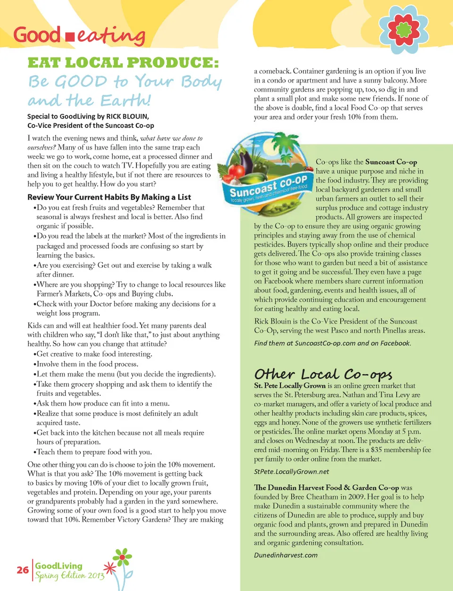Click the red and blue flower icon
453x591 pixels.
pos(403,29)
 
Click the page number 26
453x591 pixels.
pos(23,570)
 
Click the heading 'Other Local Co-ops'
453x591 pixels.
pos(323,374)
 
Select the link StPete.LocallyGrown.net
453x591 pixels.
pos(291,471)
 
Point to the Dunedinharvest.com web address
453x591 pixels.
pos(285,555)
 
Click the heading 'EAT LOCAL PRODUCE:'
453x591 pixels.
pos(123,62)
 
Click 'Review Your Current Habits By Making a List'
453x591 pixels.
pos(109,197)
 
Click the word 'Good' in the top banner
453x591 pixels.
pos(37,35)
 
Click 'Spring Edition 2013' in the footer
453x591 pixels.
pos(69,575)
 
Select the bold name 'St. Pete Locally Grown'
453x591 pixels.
pos(290,385)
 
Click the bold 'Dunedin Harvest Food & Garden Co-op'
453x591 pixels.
pos(327,487)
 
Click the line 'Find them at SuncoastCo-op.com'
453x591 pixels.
pos(332,343)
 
